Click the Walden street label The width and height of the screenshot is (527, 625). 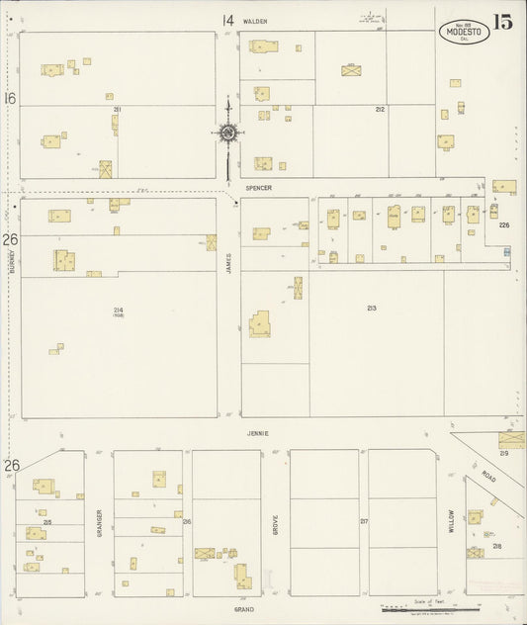259,20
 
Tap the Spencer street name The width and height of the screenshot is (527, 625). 259,186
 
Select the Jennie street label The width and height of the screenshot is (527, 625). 259,432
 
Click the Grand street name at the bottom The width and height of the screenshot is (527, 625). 244,609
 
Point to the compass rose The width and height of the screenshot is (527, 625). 227,133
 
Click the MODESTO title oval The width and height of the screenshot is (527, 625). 463,32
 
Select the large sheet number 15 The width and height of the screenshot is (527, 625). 503,22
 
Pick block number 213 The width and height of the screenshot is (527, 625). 371,309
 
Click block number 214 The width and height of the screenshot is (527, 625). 118,310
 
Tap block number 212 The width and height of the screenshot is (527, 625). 379,109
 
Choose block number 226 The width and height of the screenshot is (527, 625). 503,225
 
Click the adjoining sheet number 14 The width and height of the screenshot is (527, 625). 227,20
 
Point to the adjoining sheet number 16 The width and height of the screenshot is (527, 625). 10,98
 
